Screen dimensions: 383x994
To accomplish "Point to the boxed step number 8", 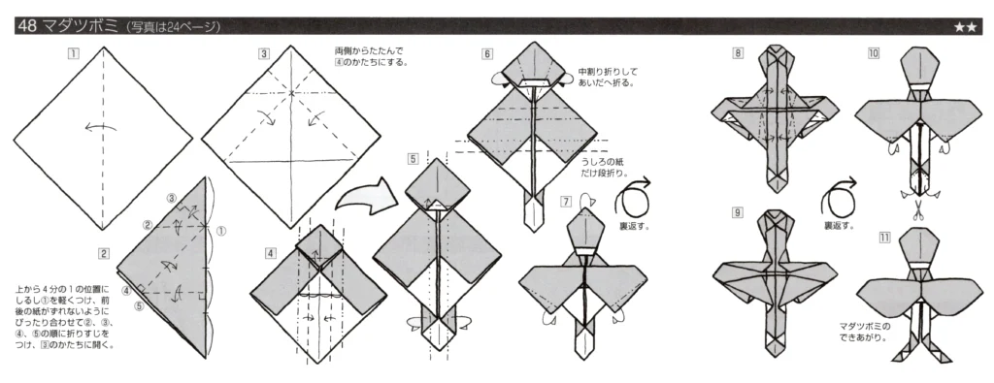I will [x=739, y=53].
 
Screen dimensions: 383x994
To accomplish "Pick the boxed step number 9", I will [x=739, y=211].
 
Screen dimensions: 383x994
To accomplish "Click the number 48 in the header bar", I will [x=25, y=27].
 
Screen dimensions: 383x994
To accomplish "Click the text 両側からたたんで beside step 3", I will [x=369, y=50].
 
